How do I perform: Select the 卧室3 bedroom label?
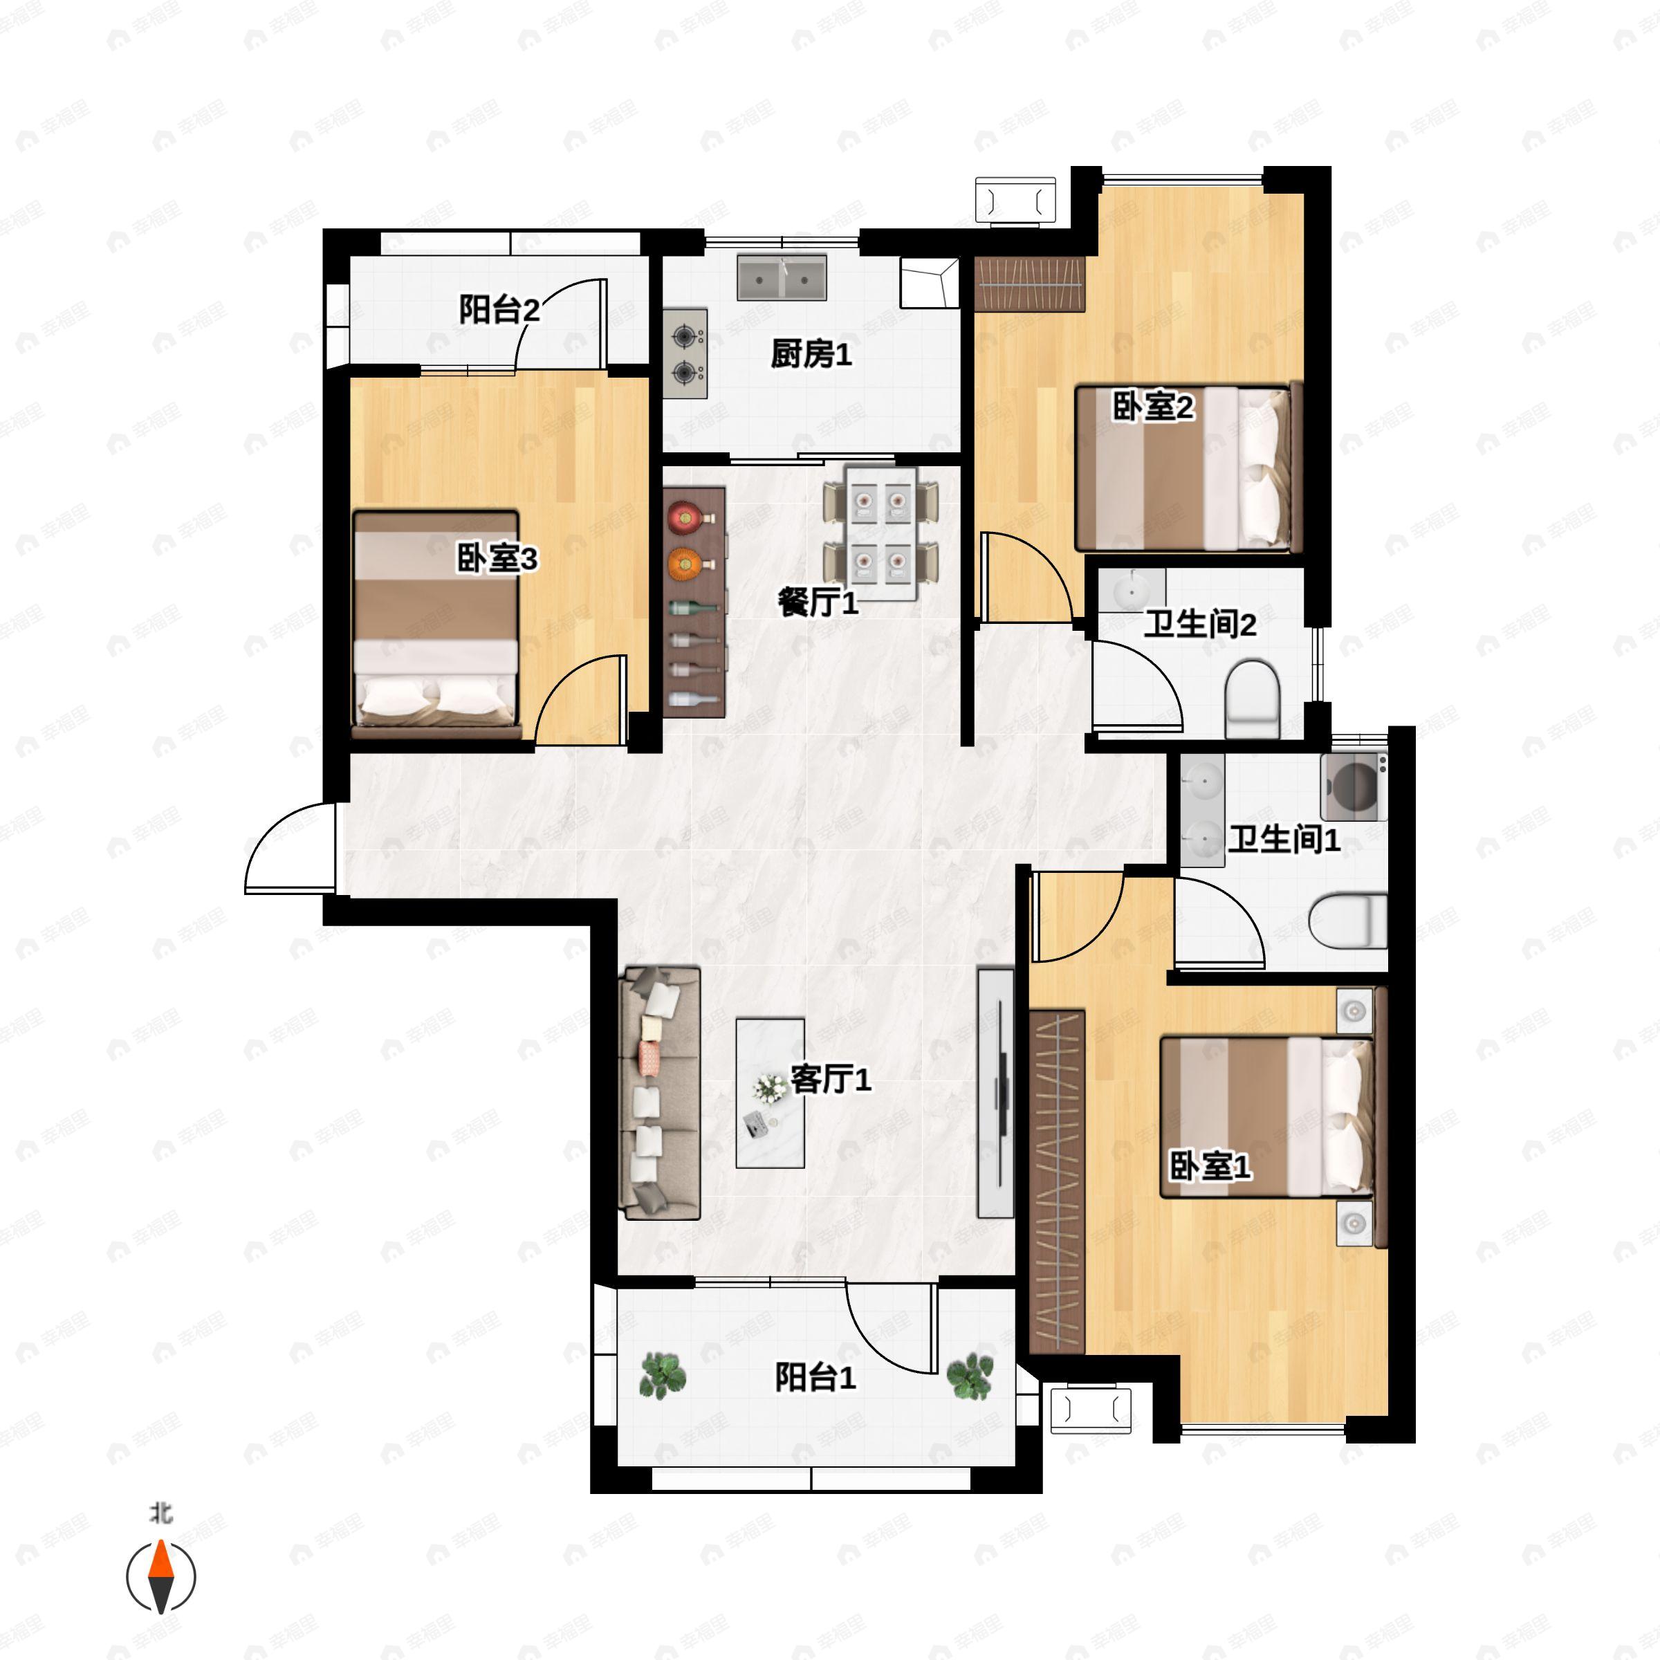click(497, 560)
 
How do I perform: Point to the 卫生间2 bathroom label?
click(1199, 625)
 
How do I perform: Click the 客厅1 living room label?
click(830, 1079)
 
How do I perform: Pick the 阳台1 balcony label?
click(815, 1378)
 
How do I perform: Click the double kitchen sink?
click(782, 277)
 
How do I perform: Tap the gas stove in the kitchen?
click(685, 354)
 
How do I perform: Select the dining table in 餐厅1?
click(880, 533)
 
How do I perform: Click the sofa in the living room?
click(660, 1094)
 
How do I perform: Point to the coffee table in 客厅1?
click(770, 1093)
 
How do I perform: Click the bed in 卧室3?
click(436, 623)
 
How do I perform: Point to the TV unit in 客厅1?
click(997, 1093)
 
